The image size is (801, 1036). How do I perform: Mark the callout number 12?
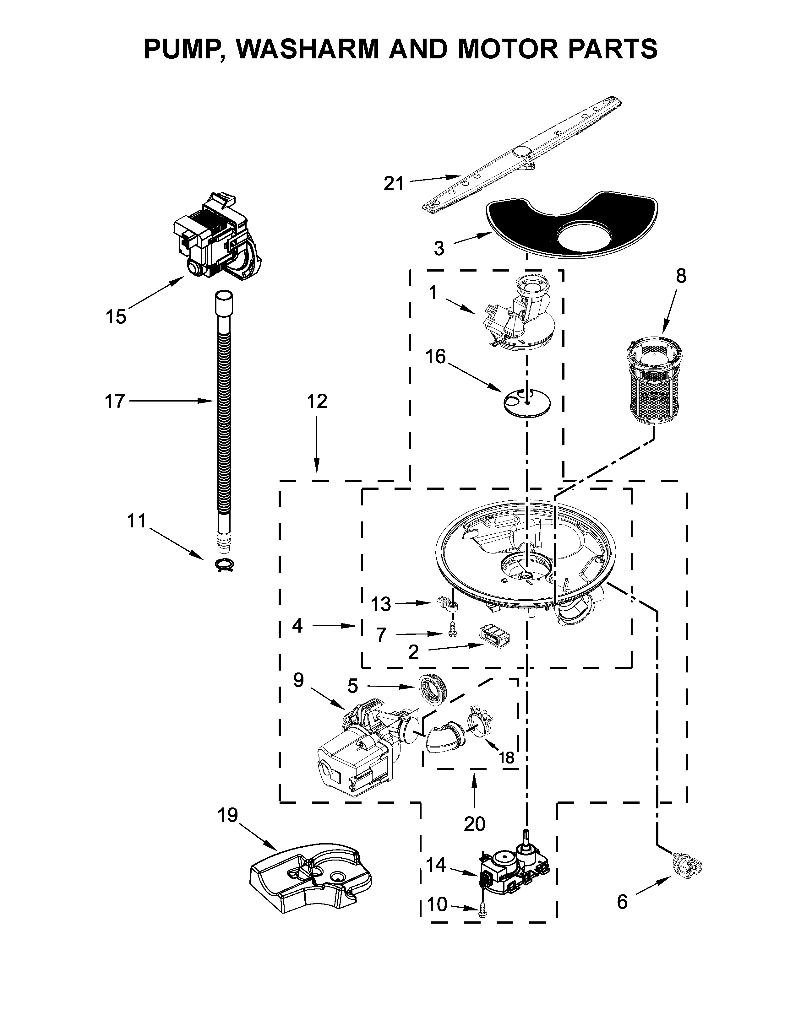coord(317,402)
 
